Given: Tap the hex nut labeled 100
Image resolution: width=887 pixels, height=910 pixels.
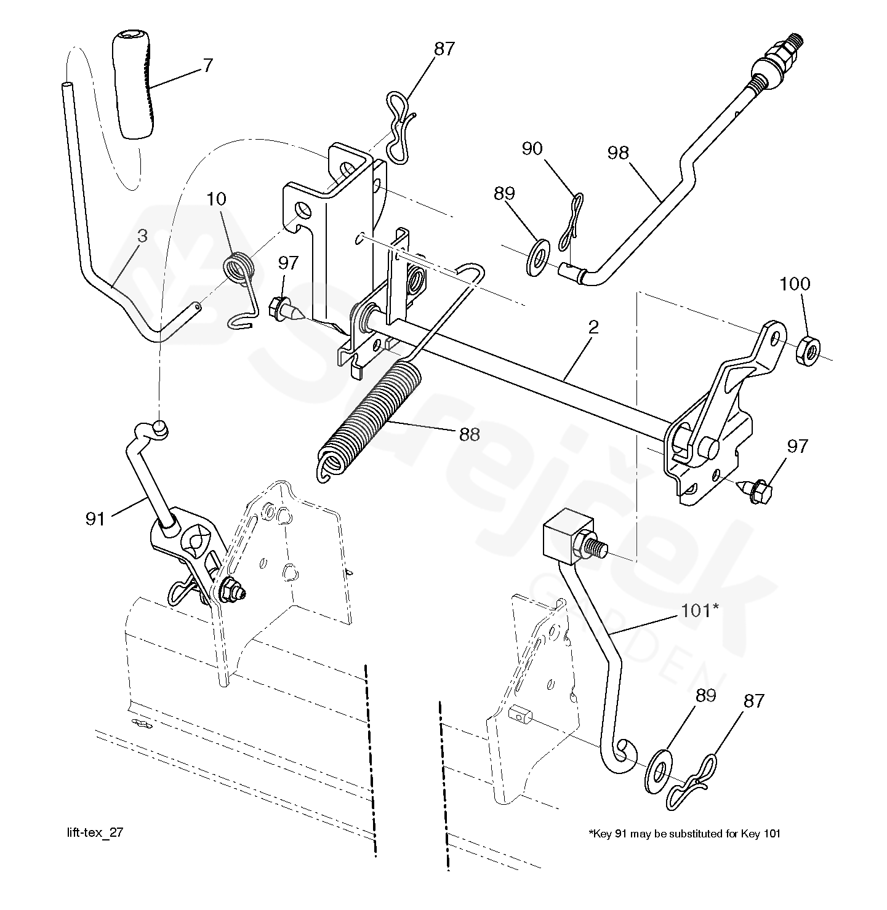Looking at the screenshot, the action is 808,351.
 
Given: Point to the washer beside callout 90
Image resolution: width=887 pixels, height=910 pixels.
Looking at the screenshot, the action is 539,257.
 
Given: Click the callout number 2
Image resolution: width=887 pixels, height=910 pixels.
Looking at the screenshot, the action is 593,327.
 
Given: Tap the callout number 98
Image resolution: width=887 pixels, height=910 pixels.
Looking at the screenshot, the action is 618,153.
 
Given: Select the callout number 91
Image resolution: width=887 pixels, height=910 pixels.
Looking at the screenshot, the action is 95,519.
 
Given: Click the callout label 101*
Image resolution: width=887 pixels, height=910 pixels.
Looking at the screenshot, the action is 699,610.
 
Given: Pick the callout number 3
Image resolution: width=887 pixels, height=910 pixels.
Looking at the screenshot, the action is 143,236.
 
